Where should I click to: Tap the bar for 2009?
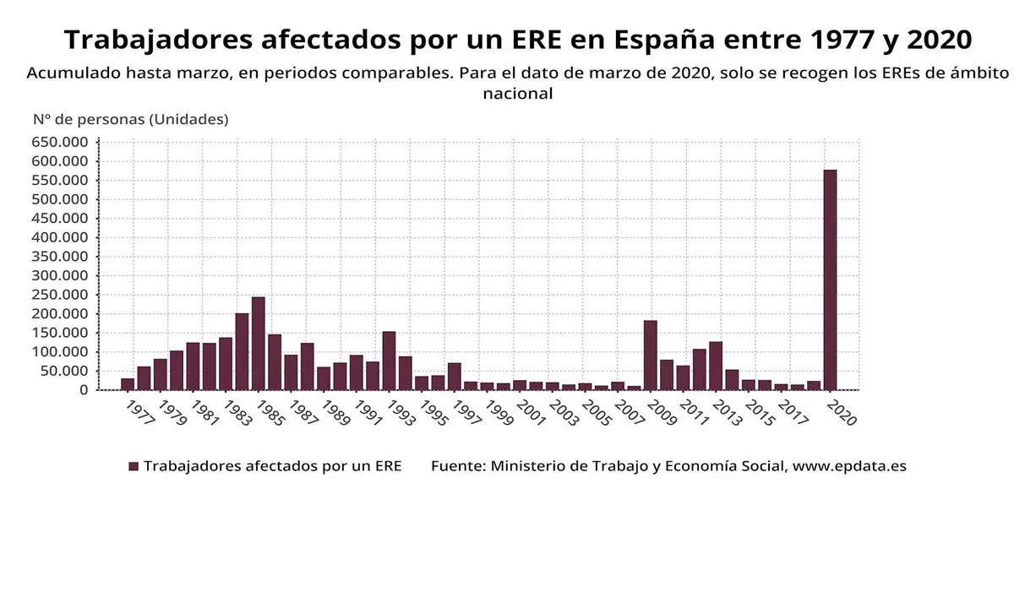pyautogui.click(x=650, y=356)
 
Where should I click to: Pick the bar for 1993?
pyautogui.click(x=389, y=361)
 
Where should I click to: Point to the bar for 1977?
pyautogui.click(x=128, y=384)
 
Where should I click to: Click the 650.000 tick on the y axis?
pyautogui.click(x=60, y=142)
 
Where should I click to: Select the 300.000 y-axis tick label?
pyautogui.click(x=60, y=275)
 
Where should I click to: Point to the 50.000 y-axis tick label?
pyautogui.click(x=64, y=371)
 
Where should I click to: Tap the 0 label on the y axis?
pyautogui.click(x=84, y=390)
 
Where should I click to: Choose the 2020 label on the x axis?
pyautogui.click(x=842, y=414)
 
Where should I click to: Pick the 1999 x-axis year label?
pyautogui.click(x=499, y=414)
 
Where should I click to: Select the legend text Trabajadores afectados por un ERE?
pyautogui.click(x=272, y=466)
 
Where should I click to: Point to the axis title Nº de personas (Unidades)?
pyautogui.click(x=130, y=119)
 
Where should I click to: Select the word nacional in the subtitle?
pyautogui.click(x=517, y=94)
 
